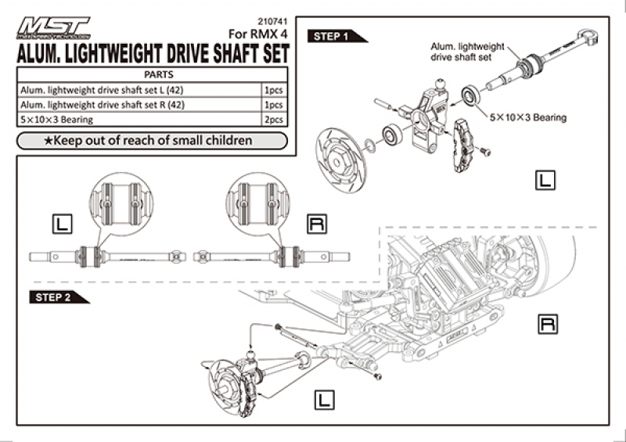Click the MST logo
[x=54, y=27]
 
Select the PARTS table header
[x=153, y=74]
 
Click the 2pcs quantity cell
[x=275, y=119]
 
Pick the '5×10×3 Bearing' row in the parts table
[x=141, y=119]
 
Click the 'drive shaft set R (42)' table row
[x=141, y=104]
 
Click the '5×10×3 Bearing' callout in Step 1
[x=527, y=117]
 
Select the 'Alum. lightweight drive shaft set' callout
[x=462, y=52]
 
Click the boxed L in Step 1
[x=545, y=180]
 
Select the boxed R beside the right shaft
[x=316, y=225]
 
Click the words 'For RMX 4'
[x=259, y=34]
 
